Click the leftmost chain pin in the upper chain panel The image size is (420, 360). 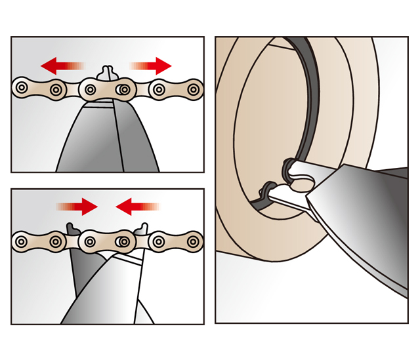[x=23, y=87]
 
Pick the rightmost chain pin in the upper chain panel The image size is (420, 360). [x=193, y=87]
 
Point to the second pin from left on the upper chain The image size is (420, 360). [x=56, y=87]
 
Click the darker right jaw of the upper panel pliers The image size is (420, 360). [x=135, y=141]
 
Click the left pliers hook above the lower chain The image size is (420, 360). [x=73, y=228]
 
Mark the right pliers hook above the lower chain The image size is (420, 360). [x=143, y=229]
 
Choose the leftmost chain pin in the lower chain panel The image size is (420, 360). [x=23, y=241]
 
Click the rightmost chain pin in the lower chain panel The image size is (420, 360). [x=193, y=241]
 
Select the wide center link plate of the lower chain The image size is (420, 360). [x=108, y=242]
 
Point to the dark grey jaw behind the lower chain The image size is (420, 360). [x=78, y=275]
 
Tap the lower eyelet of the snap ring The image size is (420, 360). [x=266, y=191]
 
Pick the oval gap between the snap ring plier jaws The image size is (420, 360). [x=301, y=186]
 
